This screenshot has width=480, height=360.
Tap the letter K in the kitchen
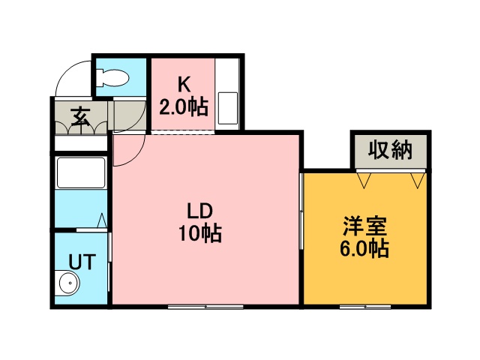[x=183, y=84]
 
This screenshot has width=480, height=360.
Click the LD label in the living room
[x=199, y=210]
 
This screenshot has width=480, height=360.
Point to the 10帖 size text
[x=199, y=233]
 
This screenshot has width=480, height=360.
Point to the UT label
[x=81, y=262]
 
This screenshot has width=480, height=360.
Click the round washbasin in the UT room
[x=68, y=284]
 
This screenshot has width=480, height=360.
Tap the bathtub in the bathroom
[x=81, y=174]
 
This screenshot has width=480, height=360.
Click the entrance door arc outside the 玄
[x=71, y=79]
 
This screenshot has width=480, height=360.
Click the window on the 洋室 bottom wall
[x=366, y=306]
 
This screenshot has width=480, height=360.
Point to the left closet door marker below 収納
[x=364, y=181]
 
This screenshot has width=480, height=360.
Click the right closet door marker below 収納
[x=416, y=181]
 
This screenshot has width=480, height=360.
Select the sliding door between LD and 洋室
[x=301, y=217]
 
